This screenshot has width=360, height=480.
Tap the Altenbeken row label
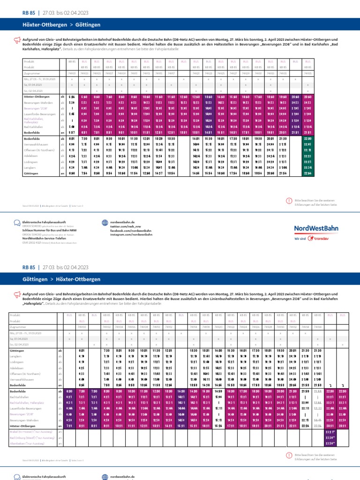pos(31,443)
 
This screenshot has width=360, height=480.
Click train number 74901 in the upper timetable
pos(72,74)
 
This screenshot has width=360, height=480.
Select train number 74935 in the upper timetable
pos(308,74)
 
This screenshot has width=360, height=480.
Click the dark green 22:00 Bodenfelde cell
pos(308,139)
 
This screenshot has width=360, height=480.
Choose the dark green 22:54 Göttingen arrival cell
pos(308,173)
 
